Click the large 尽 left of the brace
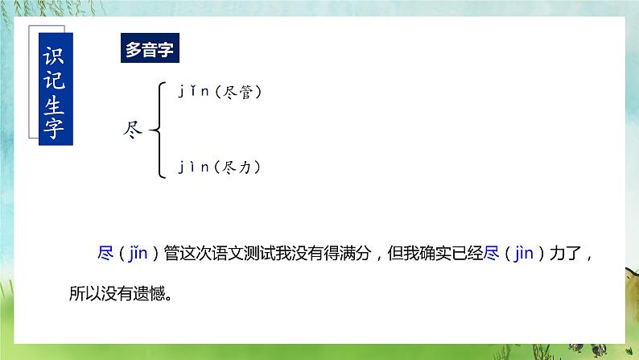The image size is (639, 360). [129, 130]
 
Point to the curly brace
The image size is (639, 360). [156, 130]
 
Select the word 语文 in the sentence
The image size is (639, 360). [236, 254]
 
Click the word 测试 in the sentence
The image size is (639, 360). [271, 254]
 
